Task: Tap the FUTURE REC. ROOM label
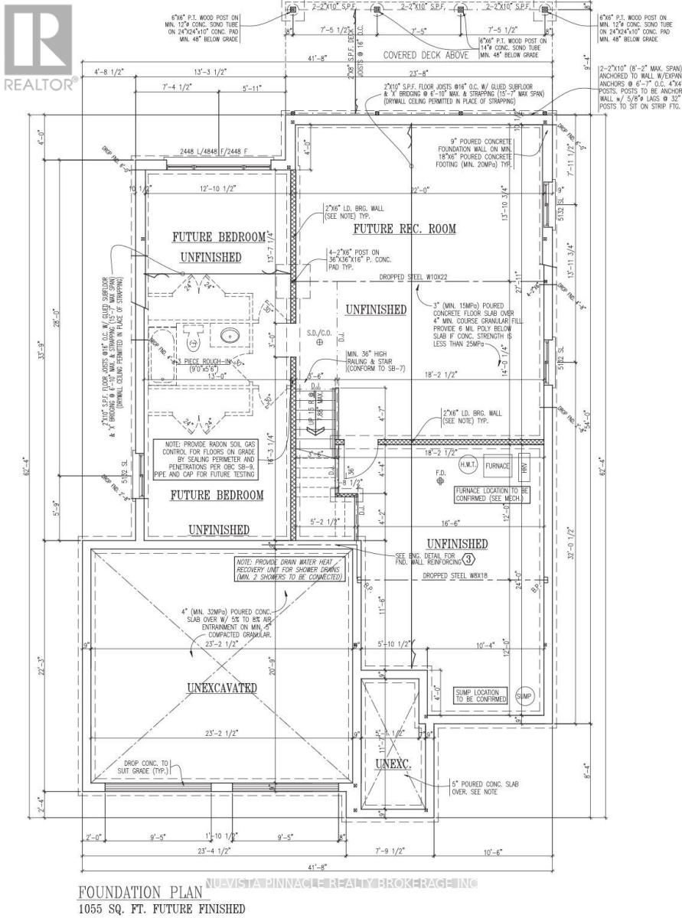(403, 229)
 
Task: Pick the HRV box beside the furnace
(524, 465)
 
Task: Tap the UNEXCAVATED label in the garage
(221, 687)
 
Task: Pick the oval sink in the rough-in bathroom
(229, 334)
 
